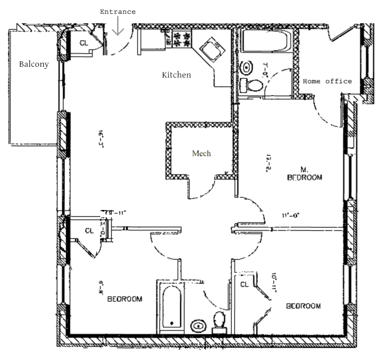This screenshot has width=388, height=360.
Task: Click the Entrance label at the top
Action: tap(118, 12)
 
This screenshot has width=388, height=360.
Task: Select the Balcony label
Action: tap(34, 65)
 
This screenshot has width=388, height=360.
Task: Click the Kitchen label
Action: tap(176, 75)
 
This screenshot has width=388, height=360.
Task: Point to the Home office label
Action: tap(327, 81)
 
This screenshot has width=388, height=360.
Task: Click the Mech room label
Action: tap(201, 153)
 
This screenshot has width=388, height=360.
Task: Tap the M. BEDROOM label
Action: tap(304, 173)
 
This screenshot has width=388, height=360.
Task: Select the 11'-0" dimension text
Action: tap(291, 215)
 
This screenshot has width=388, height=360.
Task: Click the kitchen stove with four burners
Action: tap(181, 39)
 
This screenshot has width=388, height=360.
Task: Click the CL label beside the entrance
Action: tap(84, 43)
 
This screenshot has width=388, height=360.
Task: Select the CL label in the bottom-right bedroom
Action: tap(245, 285)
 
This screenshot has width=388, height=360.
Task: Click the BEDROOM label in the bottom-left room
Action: tap(124, 298)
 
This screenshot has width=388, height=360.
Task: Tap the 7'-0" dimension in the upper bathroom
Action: tap(266, 69)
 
